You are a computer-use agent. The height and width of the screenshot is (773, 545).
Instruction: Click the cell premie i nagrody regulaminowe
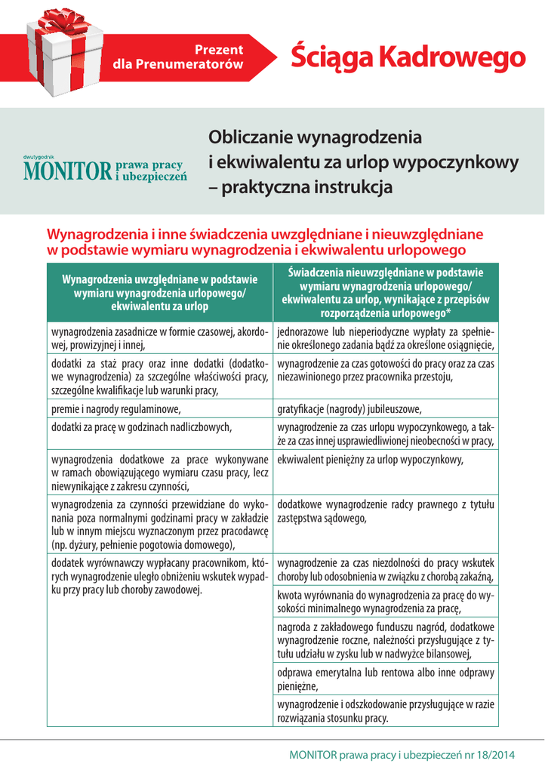click(115, 409)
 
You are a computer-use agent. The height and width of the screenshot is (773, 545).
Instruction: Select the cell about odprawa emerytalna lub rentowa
click(385, 679)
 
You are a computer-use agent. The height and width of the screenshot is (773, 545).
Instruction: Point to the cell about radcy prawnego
click(385, 511)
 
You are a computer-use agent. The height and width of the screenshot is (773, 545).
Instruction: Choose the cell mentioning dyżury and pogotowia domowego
click(159, 524)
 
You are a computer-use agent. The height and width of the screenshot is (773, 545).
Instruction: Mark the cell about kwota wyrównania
click(385, 602)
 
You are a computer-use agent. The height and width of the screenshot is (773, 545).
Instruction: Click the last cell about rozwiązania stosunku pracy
click(385, 711)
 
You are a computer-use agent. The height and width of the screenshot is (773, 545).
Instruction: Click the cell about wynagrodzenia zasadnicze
click(159, 339)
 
